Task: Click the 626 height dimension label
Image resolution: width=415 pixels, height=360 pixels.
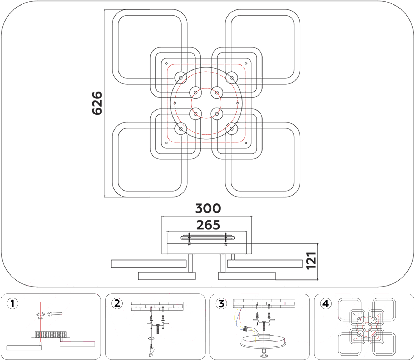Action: coord(97,103)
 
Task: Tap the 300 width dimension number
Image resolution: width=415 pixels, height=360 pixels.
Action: coord(208,208)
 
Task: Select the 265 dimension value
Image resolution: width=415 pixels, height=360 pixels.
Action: coord(208,225)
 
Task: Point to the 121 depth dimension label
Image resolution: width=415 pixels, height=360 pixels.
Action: coord(311,261)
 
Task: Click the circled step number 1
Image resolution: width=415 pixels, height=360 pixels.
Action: coord(12,303)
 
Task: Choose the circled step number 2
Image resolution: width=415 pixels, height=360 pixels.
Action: coord(117,303)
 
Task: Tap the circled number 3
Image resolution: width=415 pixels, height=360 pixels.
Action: coord(221,303)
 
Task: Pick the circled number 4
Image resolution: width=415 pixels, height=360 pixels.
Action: coord(326,304)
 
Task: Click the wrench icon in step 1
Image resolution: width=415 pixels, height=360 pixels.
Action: coord(55,313)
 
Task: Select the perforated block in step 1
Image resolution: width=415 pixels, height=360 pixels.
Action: coord(51,334)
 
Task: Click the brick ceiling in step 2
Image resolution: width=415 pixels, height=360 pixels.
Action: coord(157,306)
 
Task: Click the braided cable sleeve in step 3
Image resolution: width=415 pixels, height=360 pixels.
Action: coord(246,329)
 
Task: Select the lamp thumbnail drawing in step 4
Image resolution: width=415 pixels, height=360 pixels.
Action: coord(367,327)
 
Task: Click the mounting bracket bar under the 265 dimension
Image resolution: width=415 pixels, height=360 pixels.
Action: coord(207,238)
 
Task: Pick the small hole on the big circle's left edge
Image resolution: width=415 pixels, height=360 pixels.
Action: coord(175,103)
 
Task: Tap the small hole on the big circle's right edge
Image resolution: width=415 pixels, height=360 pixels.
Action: coord(238,103)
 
